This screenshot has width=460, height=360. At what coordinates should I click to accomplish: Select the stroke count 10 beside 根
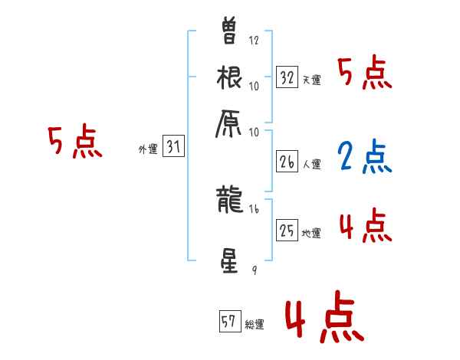255,86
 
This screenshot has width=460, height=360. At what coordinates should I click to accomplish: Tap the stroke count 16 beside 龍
255,208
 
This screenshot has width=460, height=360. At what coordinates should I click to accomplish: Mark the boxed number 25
287,229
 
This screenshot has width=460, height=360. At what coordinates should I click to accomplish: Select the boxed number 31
173,146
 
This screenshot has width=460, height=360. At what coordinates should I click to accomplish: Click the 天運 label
311,80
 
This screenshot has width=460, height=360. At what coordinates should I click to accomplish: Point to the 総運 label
255,324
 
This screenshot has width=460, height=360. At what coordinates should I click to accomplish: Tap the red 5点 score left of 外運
74,142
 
